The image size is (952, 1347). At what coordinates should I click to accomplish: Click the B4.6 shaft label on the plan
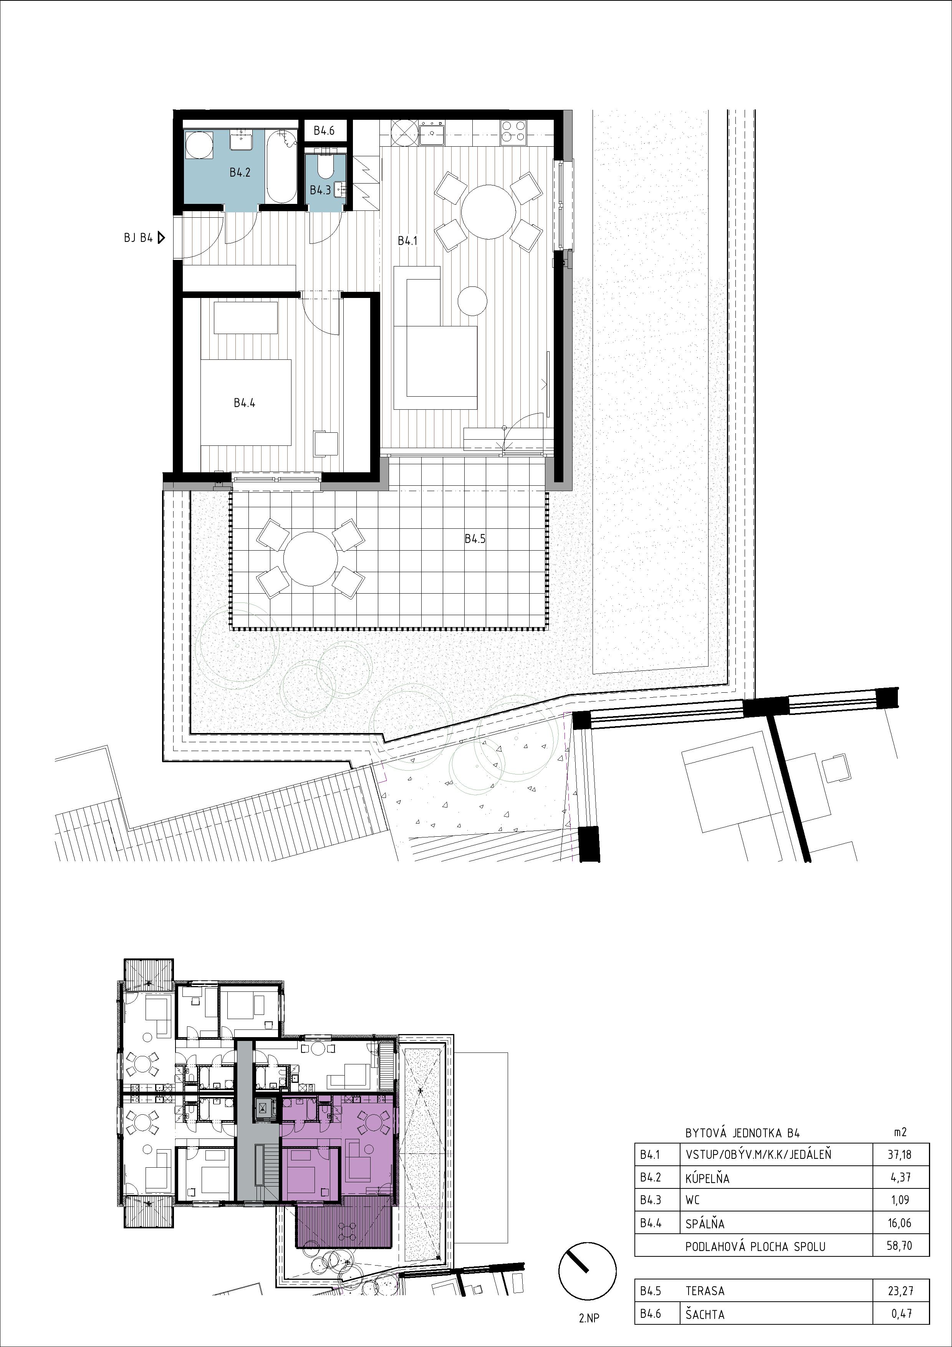pos(324,131)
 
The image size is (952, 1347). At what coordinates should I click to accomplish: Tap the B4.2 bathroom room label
pos(240,173)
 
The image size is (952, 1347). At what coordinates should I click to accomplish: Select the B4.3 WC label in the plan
pos(320,190)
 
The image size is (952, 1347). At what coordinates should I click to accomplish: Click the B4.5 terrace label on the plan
pos(475,539)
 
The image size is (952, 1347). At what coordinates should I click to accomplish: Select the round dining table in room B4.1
pos(488,211)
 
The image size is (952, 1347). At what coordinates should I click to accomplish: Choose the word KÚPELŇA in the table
pos(707,1177)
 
